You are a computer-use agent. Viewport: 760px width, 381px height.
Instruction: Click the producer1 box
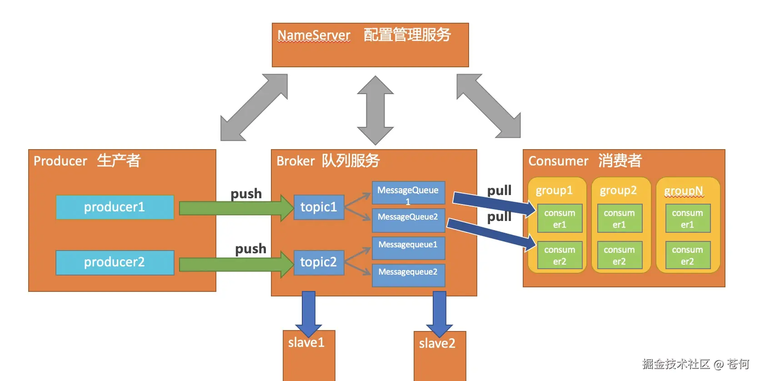pyautogui.click(x=115, y=207)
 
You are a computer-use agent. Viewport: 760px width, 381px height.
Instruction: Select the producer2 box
pyautogui.click(x=115, y=262)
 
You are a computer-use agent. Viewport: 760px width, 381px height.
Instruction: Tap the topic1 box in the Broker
pyautogui.click(x=319, y=207)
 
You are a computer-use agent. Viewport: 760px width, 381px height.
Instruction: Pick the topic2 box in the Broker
pyautogui.click(x=319, y=262)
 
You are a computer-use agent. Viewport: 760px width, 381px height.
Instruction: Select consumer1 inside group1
pyautogui.click(x=560, y=219)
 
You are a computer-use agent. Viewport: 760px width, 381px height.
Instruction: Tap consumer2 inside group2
pyautogui.click(x=619, y=256)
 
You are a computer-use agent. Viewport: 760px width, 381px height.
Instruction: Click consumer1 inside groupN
pyautogui.click(x=687, y=219)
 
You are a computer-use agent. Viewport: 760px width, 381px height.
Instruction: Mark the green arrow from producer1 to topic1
pyautogui.click(x=234, y=208)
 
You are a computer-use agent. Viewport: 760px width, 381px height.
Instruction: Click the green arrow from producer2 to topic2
pyautogui.click(x=234, y=264)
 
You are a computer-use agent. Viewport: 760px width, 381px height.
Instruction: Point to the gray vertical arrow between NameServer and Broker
pyautogui.click(x=375, y=110)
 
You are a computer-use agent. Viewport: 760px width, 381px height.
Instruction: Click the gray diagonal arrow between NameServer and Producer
pyautogui.click(x=254, y=107)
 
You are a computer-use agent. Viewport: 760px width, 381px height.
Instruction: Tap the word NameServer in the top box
pyautogui.click(x=314, y=35)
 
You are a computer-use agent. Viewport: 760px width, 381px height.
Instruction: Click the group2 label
pyautogui.click(x=618, y=190)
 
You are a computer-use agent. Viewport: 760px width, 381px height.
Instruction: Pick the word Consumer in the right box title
pyautogui.click(x=558, y=161)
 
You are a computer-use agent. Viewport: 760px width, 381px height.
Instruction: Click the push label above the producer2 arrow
pyautogui.click(x=250, y=249)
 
